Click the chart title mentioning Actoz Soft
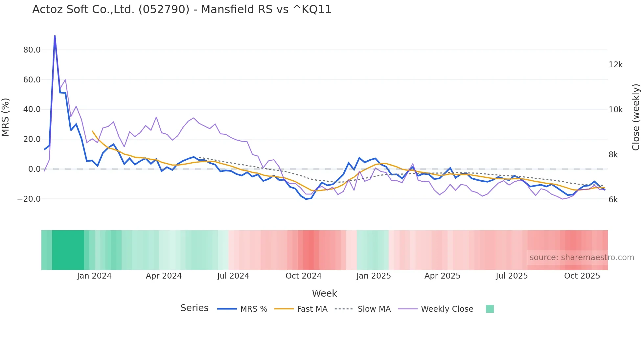182,10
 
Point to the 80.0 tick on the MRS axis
32,50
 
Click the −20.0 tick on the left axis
29,199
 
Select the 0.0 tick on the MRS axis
34,169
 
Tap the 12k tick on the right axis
615,65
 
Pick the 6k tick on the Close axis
613,200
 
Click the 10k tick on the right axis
615,110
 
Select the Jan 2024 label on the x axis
94,276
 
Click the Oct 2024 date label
303,276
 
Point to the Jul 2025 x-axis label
512,276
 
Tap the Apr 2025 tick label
442,276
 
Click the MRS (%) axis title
6,117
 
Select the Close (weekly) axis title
636,117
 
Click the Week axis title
324,293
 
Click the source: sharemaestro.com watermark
582,258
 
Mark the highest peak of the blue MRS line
55,36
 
